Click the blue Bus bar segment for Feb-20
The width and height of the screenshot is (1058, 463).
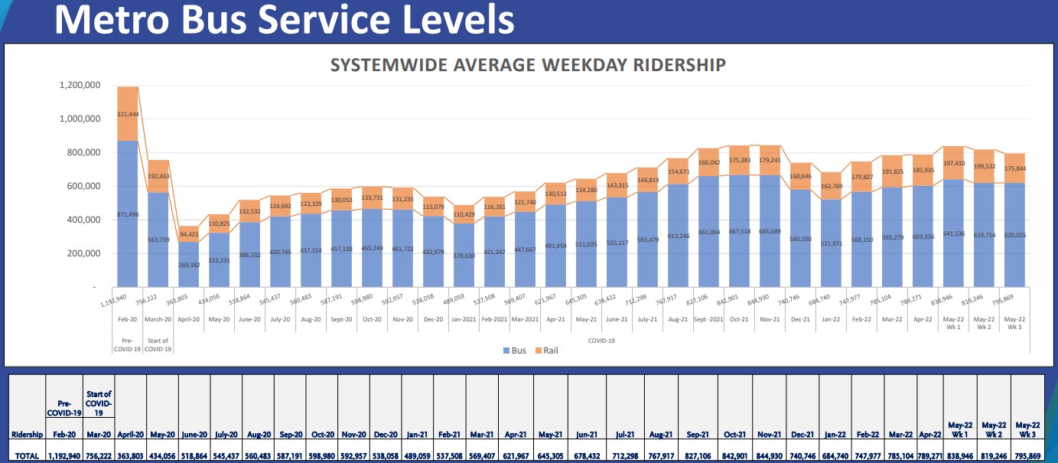[128, 214]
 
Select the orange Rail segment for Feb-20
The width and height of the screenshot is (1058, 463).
[128, 113]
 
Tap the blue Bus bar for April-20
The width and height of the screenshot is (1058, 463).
[188, 264]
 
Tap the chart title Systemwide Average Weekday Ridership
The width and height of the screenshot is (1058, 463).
[528, 65]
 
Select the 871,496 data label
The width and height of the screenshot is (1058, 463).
[128, 214]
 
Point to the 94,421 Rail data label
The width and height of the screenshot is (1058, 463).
[188, 233]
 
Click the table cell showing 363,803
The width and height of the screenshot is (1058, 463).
[131, 455]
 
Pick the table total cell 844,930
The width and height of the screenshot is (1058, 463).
[770, 455]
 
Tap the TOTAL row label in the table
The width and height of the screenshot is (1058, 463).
[27, 455]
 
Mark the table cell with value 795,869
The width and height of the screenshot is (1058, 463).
[1027, 455]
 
